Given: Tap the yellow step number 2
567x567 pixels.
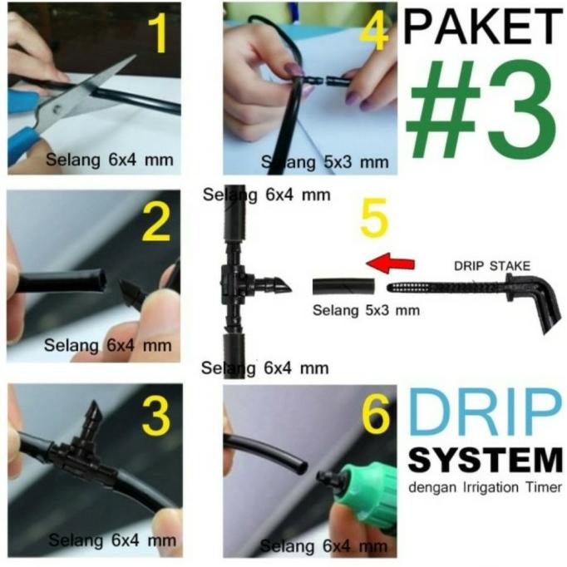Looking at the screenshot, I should (x=156, y=223).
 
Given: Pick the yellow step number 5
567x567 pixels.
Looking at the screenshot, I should (x=374, y=221).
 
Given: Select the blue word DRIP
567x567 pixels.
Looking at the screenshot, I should (x=485, y=414).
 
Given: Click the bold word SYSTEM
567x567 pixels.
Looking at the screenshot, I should (x=485, y=461).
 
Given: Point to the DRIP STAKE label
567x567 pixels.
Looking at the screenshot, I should (x=491, y=267).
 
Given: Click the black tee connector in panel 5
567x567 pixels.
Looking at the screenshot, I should (x=241, y=283).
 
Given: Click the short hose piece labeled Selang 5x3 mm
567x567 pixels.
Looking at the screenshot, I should (x=343, y=288).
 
